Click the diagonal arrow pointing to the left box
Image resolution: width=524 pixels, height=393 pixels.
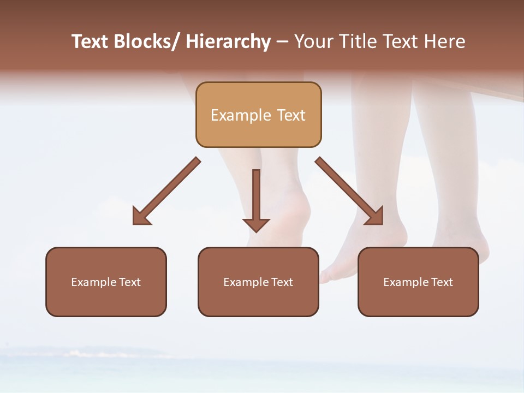tap(166, 191)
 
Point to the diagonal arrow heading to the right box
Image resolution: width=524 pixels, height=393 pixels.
tap(349, 191)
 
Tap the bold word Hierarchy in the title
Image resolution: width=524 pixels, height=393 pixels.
tap(228, 41)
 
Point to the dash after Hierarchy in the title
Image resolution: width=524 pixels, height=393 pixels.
tap(282, 41)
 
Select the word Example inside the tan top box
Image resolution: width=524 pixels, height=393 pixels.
tap(241, 115)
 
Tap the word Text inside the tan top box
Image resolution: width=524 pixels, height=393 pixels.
tap(290, 115)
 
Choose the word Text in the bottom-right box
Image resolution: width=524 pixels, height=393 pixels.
tap(441, 282)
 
